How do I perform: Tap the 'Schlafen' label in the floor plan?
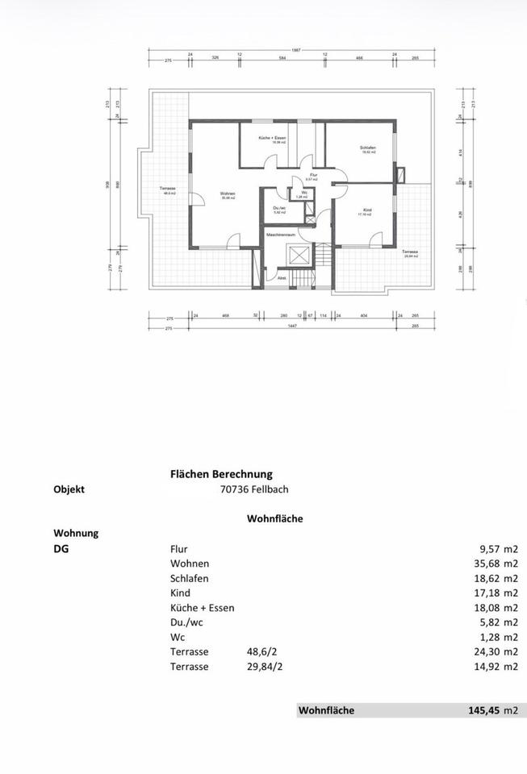(x=368, y=148)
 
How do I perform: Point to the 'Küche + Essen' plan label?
(x=272, y=139)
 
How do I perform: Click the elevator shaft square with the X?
(x=300, y=256)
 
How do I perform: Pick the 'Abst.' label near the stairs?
(x=282, y=278)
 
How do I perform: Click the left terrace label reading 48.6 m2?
(x=169, y=190)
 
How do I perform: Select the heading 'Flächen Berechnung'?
(x=221, y=474)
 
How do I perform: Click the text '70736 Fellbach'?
(x=253, y=489)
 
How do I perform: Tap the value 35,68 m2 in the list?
(x=492, y=564)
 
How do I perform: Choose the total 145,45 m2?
(x=492, y=710)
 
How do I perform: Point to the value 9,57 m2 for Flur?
(x=496, y=548)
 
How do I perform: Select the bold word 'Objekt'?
(x=69, y=489)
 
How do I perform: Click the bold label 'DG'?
(x=61, y=548)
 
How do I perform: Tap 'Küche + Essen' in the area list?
(x=202, y=607)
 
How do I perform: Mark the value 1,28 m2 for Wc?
(x=496, y=637)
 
